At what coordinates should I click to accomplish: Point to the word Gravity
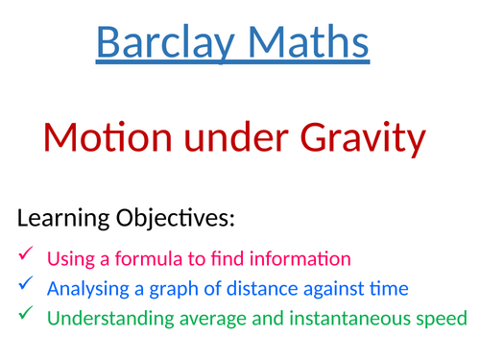359,139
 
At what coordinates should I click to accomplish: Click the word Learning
62,220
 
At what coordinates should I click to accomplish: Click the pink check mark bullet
26,255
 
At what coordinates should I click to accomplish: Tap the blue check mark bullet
26,285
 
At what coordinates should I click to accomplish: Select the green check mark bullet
26,315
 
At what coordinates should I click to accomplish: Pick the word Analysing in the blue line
87,287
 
